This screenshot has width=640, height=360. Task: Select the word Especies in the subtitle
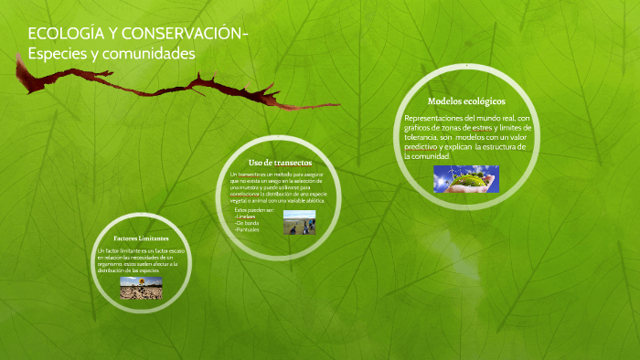pos(60,55)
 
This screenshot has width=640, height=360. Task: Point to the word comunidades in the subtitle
pos(152,55)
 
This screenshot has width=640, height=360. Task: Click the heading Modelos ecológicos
pos(466,101)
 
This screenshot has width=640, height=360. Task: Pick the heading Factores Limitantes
pos(141,238)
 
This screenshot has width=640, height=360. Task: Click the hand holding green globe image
pos(465,179)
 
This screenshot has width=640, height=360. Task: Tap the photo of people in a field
pos(299,222)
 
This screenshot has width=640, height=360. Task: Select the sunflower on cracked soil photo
pos(141,288)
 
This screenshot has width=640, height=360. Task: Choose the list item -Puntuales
pos(248,229)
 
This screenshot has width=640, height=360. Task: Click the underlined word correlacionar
pos(245,195)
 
